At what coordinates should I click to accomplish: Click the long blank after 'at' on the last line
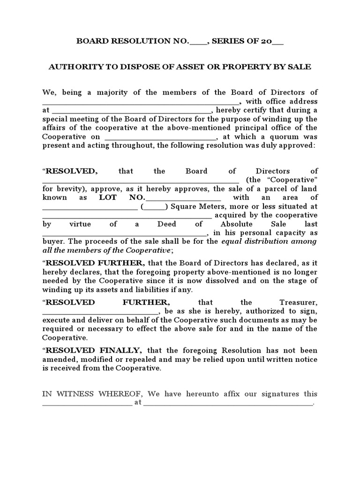click(x=227, y=404)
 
